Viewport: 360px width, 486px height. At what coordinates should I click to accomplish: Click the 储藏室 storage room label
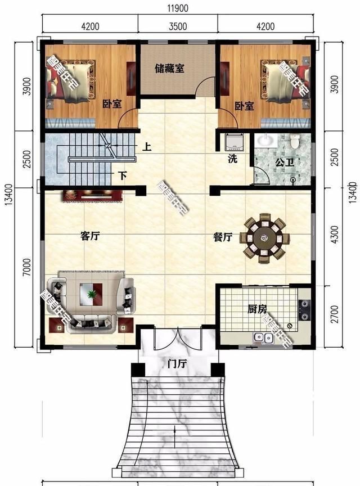170,69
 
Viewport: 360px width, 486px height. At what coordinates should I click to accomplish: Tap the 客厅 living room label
90,237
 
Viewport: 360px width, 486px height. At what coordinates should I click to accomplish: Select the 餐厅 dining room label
223,237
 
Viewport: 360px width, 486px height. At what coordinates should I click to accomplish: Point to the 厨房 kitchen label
257,309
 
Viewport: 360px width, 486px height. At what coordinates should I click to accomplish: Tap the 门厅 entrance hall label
177,363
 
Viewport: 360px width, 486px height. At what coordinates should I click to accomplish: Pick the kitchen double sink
260,338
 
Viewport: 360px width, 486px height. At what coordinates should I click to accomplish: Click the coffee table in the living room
91,294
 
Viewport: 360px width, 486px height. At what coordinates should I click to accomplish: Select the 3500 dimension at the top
177,26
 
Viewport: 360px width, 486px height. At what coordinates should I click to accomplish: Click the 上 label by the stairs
147,148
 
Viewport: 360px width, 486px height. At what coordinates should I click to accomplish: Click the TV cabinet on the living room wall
93,195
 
